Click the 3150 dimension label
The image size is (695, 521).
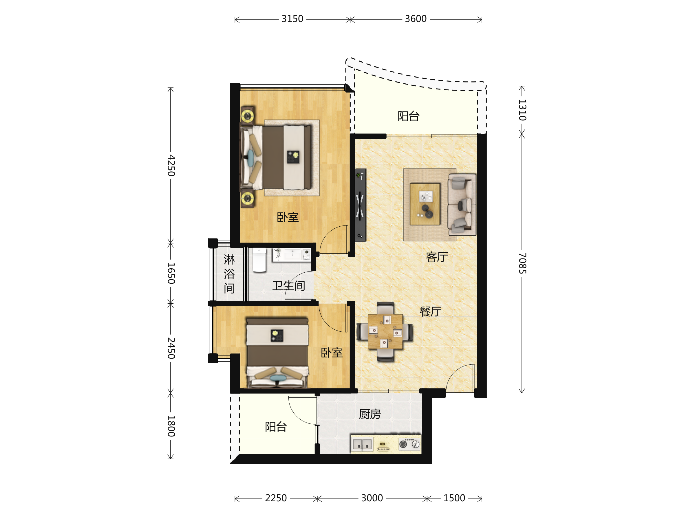pos(292,19)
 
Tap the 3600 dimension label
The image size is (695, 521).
pos(416,19)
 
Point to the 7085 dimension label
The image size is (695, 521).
pos(522,263)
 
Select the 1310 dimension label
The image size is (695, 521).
pos(522,110)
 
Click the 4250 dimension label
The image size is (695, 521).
pos(171,165)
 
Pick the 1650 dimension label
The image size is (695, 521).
pos(171,273)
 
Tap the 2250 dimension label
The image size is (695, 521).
pos(276,498)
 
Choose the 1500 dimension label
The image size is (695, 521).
pos(454,498)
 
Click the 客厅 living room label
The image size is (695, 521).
pos(437,257)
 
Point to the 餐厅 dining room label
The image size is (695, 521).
pos(430,311)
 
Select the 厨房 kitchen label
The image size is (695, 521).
pos(370,414)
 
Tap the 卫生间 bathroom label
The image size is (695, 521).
pos(288,285)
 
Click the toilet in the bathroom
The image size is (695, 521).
pos(259,260)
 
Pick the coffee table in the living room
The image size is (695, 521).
pos(425,204)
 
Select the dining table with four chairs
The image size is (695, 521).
pos(385,332)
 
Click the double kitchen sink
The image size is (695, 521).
pos(362,444)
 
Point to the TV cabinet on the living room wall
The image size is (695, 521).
pos(360,205)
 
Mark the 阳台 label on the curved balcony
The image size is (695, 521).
pos(408,116)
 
